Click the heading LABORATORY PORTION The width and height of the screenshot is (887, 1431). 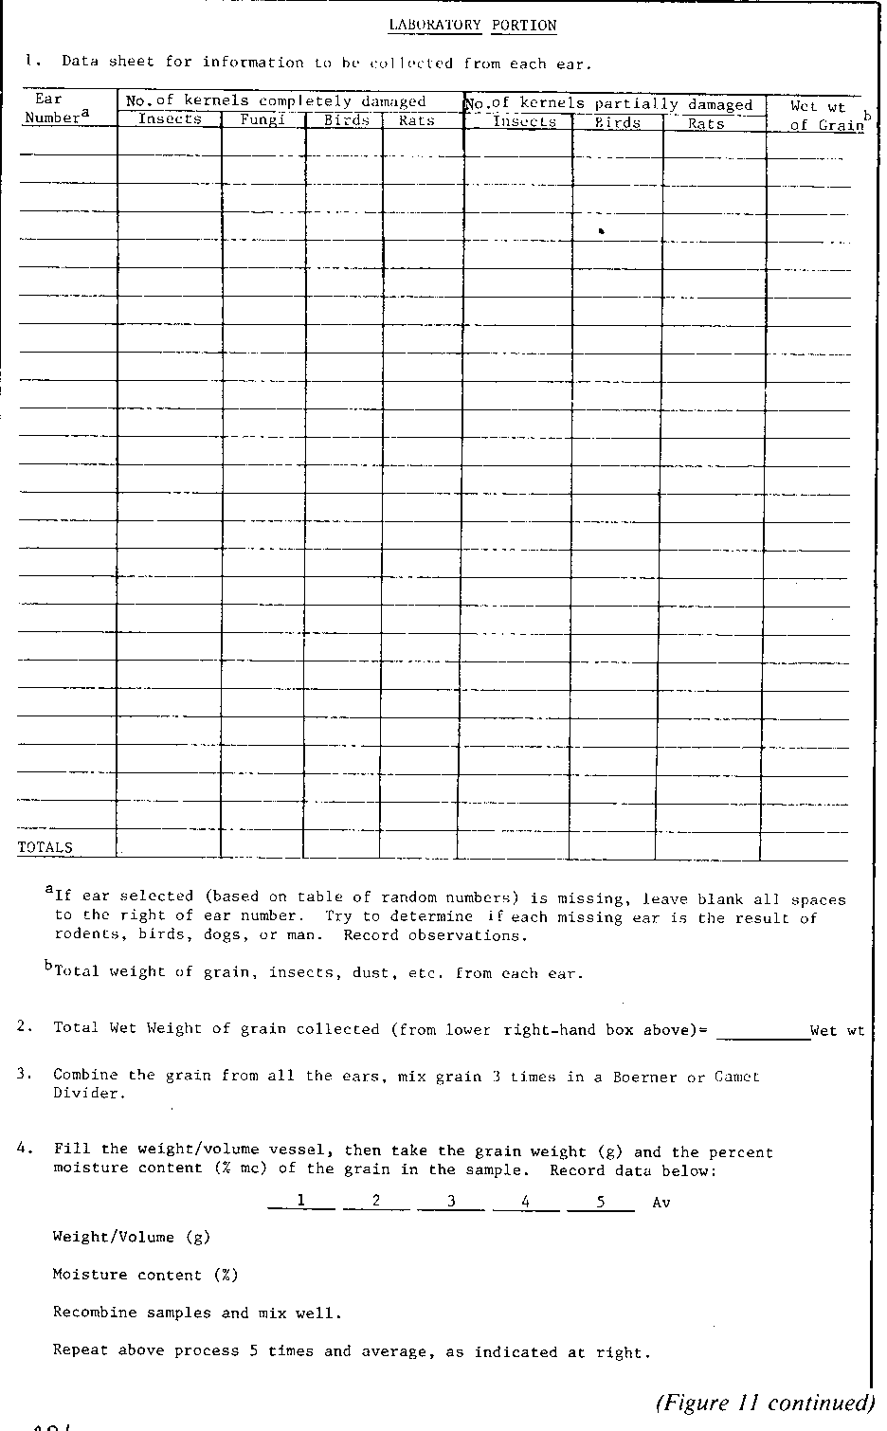pos(473,26)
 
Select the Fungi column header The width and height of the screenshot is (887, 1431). pos(262,120)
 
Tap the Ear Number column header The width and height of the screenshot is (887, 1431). pos(55,108)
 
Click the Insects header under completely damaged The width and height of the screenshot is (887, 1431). pos(170,119)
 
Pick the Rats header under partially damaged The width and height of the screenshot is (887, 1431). pos(707,123)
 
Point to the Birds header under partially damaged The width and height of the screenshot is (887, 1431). pos(618,123)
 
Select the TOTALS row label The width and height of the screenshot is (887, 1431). pos(45,847)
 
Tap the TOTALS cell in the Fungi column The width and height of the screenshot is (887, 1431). pos(262,845)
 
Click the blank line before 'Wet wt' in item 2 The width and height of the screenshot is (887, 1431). pos(763,1032)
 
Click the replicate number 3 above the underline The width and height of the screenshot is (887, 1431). pos(451,1201)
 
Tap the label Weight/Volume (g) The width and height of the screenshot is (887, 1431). pos(132,1237)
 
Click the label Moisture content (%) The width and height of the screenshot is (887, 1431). pos(145,1275)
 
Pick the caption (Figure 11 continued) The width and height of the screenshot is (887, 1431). pos(764,1403)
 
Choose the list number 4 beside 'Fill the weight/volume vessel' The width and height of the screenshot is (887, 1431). pos(21,1149)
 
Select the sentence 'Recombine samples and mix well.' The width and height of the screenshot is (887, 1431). pos(196,1313)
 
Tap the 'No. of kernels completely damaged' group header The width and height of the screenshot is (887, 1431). pos(276,101)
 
